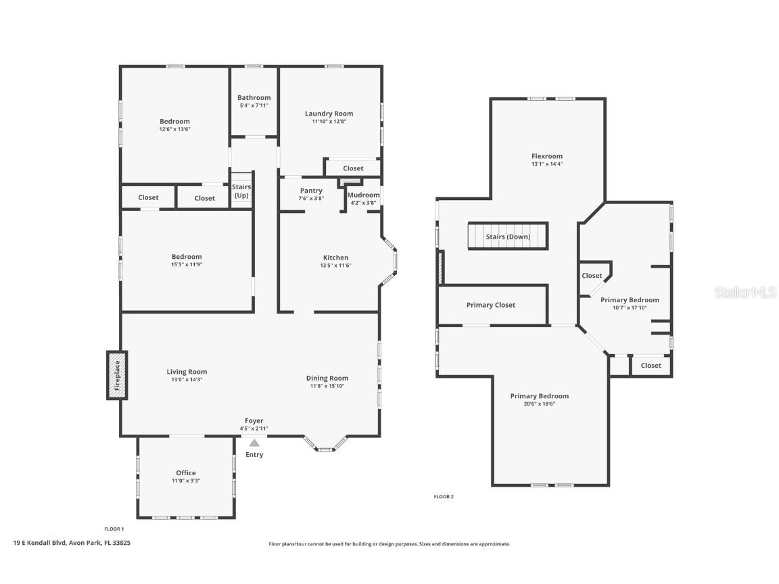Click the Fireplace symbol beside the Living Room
point(117,375)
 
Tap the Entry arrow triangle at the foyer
point(254,443)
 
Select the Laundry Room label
point(329,114)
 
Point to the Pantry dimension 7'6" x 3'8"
point(311,198)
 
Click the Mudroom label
point(364,195)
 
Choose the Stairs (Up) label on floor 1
point(241,191)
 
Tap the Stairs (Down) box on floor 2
point(508,236)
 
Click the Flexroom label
point(547,156)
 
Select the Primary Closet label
point(491,305)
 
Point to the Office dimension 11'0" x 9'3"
point(186,481)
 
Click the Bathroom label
point(254,98)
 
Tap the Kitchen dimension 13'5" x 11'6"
point(336,265)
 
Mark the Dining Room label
point(327,379)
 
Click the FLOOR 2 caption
point(444,497)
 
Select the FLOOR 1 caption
point(114,529)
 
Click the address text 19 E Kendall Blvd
point(39,543)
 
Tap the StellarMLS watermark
point(745,293)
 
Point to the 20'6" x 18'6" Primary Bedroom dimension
point(540,404)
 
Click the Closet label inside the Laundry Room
point(353,168)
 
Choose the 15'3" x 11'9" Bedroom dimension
point(187,265)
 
